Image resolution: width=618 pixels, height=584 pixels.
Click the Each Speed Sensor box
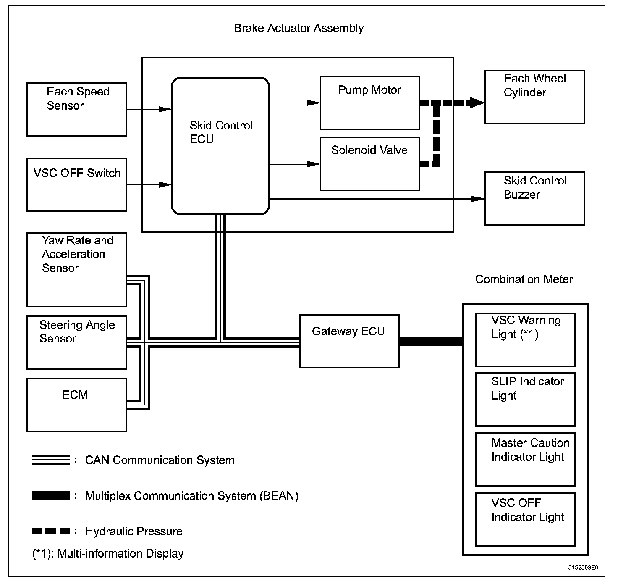(77, 109)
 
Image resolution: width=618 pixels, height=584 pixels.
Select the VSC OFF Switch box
(77, 185)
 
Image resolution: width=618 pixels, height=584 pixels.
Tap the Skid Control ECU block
(221, 146)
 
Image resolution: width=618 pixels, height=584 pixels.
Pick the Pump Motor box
(370, 103)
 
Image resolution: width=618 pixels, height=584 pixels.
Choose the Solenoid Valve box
(370, 164)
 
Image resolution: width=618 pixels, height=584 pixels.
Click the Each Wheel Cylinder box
(534, 97)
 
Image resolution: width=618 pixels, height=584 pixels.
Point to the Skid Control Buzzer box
(534, 199)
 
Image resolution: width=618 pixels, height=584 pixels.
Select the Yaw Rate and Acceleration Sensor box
(77, 270)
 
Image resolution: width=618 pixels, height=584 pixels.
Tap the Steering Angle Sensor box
(77, 342)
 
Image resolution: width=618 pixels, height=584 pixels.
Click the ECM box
(77, 405)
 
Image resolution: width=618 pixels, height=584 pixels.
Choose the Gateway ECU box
(350, 342)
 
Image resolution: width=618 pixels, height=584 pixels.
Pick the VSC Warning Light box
(526, 340)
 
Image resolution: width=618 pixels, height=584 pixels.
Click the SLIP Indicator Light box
(526, 400)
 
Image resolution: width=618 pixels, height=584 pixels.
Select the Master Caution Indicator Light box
(526, 459)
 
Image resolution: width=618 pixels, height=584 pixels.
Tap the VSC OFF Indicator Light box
(526, 520)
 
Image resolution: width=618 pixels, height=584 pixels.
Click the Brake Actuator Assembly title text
(299, 28)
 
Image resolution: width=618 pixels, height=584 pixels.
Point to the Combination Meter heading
(524, 279)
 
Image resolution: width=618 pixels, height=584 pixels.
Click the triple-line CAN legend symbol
(51, 460)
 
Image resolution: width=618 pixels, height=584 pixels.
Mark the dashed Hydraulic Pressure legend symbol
(51, 531)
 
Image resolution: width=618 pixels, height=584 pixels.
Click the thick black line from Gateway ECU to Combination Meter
(431, 342)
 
